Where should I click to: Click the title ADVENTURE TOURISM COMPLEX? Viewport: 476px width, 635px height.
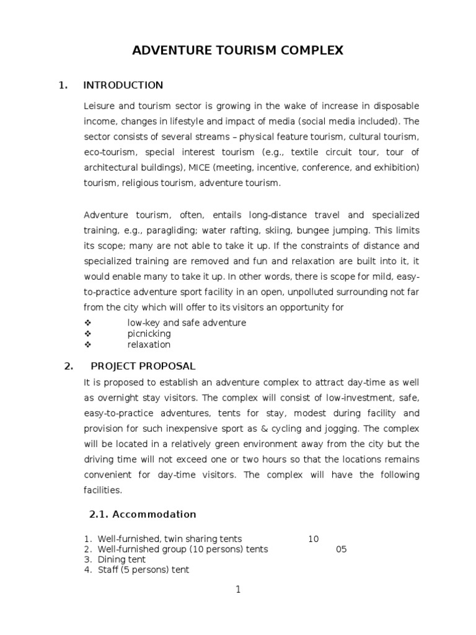pos(237,51)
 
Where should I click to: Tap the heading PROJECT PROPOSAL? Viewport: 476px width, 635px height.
pos(143,366)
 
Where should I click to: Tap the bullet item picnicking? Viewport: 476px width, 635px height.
pos(149,334)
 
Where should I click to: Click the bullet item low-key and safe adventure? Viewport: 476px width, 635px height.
pos(187,322)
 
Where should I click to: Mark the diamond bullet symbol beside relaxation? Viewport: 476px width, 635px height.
pos(87,345)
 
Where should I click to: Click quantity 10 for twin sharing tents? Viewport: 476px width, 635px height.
pos(313,539)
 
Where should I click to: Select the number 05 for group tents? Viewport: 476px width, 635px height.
pos(341,549)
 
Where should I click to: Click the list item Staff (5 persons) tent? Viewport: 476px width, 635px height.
pos(143,570)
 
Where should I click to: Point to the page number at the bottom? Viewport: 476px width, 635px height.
pos(237,590)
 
